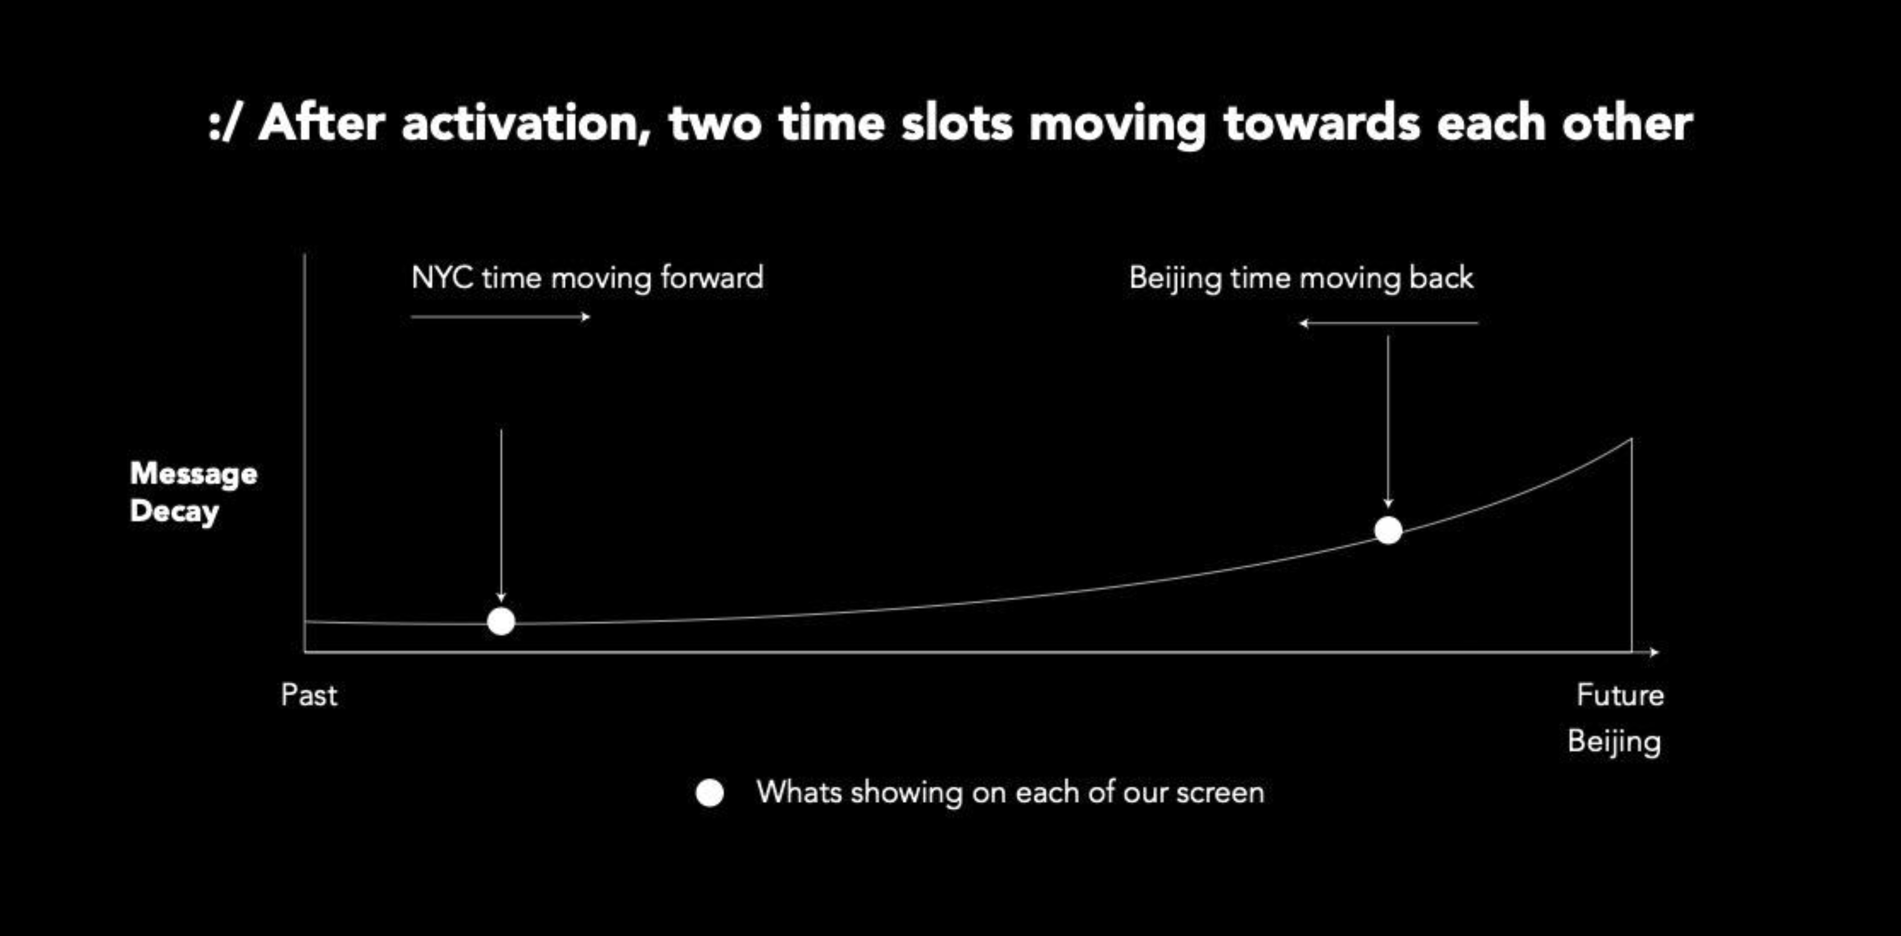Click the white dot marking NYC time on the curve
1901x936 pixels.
[x=501, y=621]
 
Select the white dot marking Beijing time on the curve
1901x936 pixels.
[x=1388, y=530]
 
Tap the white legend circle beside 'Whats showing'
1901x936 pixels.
[x=710, y=793]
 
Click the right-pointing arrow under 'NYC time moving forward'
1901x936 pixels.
[x=500, y=317]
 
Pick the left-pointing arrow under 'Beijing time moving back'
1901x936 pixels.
[x=1389, y=323]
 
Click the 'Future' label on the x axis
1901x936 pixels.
[x=1620, y=695]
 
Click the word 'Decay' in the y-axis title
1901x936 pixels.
[x=174, y=511]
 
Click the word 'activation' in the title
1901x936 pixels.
[x=525, y=123]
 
